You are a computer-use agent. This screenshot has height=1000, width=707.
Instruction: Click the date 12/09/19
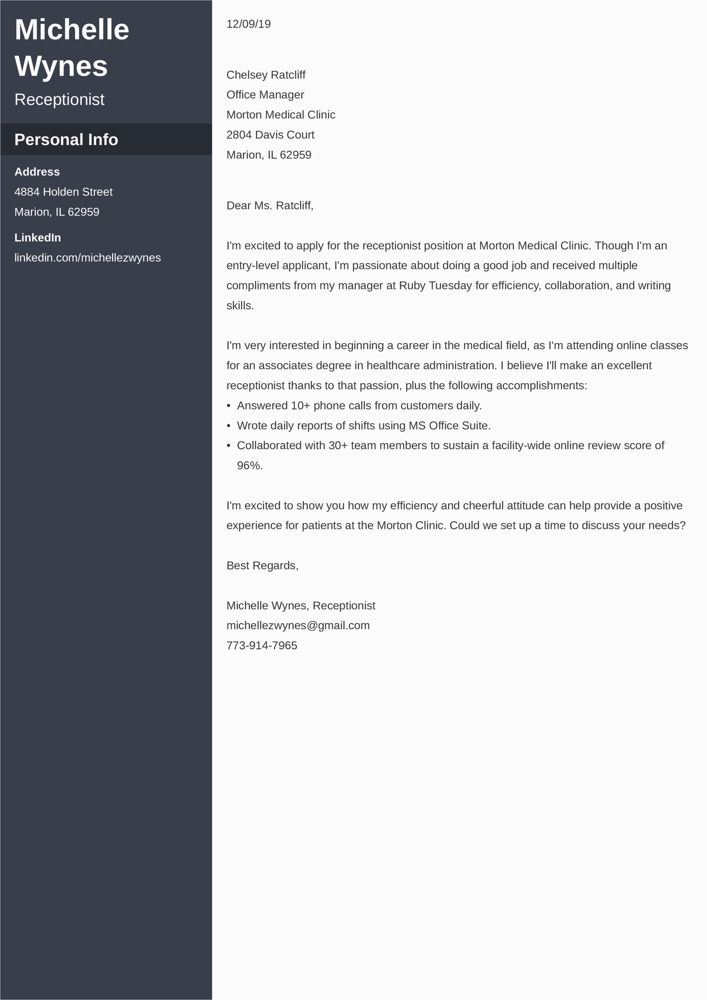click(248, 24)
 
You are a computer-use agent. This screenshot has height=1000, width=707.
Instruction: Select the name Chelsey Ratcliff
click(266, 75)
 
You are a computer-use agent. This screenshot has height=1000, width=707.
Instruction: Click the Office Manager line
click(265, 95)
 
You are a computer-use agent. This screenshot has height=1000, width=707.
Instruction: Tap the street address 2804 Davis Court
click(270, 135)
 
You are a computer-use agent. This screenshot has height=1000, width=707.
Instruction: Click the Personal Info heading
click(66, 140)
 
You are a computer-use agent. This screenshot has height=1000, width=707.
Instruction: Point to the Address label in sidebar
click(37, 172)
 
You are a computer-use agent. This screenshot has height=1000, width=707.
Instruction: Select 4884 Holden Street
click(63, 192)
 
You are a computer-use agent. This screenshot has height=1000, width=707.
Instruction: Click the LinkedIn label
click(37, 238)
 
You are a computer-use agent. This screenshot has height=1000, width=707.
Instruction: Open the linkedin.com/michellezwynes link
click(87, 258)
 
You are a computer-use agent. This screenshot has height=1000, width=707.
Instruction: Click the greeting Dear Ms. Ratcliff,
click(270, 205)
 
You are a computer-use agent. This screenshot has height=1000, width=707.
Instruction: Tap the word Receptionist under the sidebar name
click(59, 100)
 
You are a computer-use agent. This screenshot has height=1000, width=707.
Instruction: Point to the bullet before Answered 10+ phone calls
click(229, 406)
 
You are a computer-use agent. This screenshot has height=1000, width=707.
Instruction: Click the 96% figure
click(249, 466)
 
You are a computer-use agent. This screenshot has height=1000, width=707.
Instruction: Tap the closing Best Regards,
click(262, 566)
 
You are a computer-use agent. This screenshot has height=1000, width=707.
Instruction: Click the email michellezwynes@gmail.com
click(298, 626)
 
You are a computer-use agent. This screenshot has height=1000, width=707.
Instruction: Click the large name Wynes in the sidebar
click(61, 66)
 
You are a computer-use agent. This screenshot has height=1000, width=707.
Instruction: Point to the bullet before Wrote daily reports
click(229, 426)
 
